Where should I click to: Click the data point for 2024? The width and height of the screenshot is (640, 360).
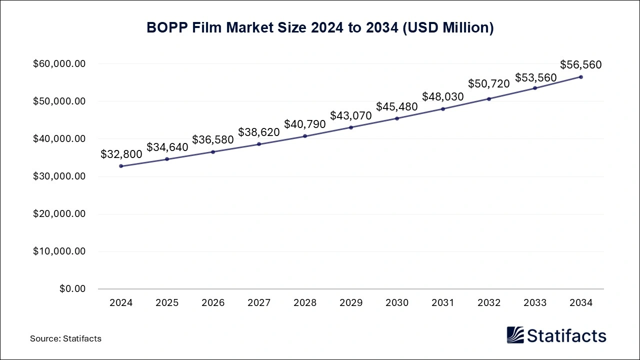coord(121,166)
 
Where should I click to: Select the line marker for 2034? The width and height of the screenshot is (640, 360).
coord(581,77)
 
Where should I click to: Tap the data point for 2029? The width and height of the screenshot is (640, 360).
coord(351,127)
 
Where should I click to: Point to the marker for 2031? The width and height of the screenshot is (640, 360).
coord(443,109)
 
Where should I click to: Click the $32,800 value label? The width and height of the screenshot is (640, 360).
coord(121,154)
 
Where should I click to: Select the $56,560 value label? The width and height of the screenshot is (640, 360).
coord(581,64)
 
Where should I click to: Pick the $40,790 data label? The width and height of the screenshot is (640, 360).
coord(305,124)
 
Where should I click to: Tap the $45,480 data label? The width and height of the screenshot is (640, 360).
coord(397,106)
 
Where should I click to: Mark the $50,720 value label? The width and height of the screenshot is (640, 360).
coord(489,83)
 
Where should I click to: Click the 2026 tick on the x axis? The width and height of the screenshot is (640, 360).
coord(213,302)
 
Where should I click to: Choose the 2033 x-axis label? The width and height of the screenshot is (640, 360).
coord(535,302)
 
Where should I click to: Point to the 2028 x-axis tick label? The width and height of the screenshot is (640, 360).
coord(305,302)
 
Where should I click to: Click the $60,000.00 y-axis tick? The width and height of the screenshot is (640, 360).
coord(59,64)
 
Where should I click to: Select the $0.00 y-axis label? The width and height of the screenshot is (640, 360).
coord(72,289)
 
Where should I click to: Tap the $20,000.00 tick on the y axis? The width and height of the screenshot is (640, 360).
coord(59,214)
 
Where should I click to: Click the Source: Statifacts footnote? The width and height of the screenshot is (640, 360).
coord(65,338)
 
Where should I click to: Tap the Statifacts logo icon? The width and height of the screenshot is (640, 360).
coord(515,335)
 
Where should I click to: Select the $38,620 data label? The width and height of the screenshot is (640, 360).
coord(259,132)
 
